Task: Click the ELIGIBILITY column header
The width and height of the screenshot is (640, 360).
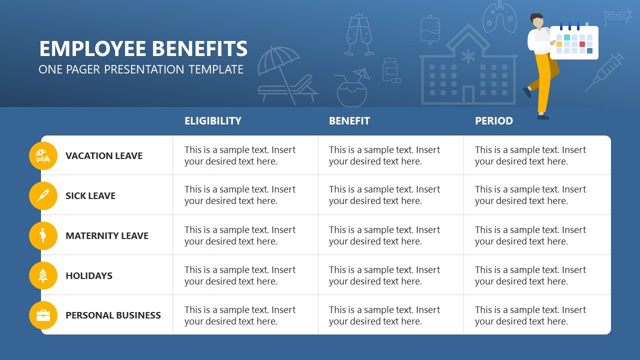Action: tap(212, 121)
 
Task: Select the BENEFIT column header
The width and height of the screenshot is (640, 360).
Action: tap(349, 121)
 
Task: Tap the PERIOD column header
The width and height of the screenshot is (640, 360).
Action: tap(493, 121)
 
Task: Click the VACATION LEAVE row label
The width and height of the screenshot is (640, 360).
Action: tap(104, 155)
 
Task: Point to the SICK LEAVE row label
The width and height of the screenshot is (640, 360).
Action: tap(90, 195)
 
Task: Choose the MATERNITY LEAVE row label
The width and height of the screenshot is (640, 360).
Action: tap(107, 235)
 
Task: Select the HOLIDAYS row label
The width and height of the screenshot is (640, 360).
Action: tap(89, 275)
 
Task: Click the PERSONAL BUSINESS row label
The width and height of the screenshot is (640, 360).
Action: tap(113, 315)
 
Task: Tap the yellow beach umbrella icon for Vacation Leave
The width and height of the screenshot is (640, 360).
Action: tap(43, 155)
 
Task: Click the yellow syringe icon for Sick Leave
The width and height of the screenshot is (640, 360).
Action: tap(43, 195)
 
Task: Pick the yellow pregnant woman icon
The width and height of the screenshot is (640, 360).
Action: tap(43, 235)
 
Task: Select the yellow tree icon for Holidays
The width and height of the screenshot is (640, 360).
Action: tap(43, 275)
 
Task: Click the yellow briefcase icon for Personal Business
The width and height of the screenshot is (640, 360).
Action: tap(43, 315)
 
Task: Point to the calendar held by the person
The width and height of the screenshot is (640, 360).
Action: tap(574, 43)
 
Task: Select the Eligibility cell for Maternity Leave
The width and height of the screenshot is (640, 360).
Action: tap(245, 235)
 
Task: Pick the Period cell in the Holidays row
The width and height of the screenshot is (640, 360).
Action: tap(536, 275)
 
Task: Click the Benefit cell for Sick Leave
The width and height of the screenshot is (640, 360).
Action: tap(390, 195)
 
